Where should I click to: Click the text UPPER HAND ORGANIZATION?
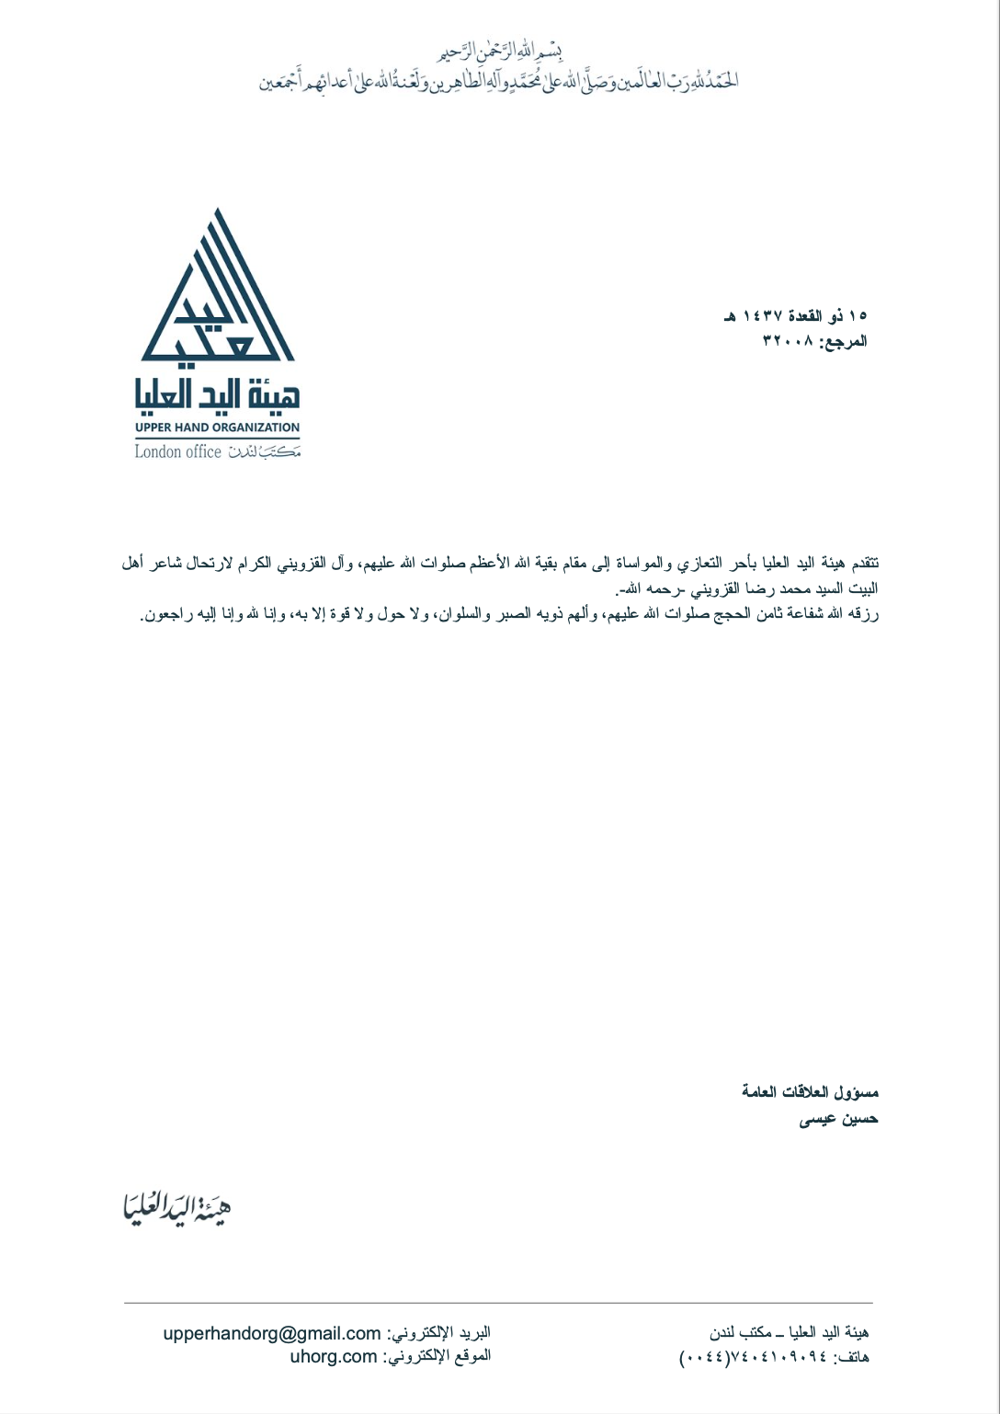click(x=217, y=428)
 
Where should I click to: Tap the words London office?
click(x=177, y=451)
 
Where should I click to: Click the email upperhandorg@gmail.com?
click(x=272, y=1333)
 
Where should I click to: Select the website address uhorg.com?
click(x=334, y=1356)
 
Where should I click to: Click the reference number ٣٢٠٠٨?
click(x=788, y=342)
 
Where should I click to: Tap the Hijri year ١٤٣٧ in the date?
click(x=762, y=316)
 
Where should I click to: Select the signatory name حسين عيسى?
click(x=838, y=1119)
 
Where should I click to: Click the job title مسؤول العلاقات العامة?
click(x=810, y=1092)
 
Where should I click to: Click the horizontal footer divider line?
click(x=498, y=1303)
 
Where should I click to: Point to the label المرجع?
click(x=845, y=342)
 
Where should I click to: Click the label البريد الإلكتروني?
click(x=438, y=1333)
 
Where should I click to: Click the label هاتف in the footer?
click(x=852, y=1358)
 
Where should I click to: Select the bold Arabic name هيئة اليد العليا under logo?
click(x=217, y=394)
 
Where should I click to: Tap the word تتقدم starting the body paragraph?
click(x=865, y=563)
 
